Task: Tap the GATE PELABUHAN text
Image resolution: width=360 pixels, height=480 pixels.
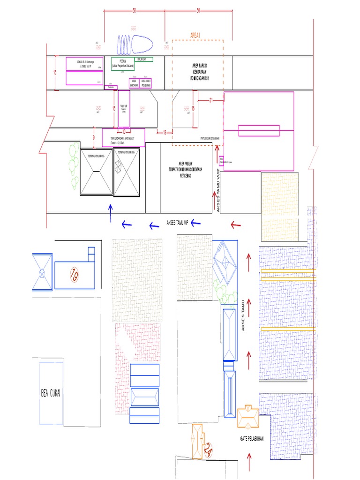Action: [252, 439]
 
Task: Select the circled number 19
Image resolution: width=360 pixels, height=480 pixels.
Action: [74, 274]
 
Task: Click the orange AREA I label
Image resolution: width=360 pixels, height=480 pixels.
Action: [195, 35]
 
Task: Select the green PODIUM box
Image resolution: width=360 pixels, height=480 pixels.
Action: [122, 64]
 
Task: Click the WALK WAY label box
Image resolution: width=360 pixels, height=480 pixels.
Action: [143, 60]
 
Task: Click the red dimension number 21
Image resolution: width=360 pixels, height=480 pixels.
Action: [211, 100]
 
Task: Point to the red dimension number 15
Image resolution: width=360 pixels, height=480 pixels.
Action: [55, 72]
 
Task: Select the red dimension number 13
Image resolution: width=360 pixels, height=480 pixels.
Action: [165, 133]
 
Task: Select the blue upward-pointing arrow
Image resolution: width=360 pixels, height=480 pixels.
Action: [111, 212]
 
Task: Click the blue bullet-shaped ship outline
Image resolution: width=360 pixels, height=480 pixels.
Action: [135, 45]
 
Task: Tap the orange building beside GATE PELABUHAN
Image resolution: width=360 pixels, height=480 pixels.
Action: [247, 418]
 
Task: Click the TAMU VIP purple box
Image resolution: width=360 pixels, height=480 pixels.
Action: [124, 109]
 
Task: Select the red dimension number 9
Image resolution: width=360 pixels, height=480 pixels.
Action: [94, 137]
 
